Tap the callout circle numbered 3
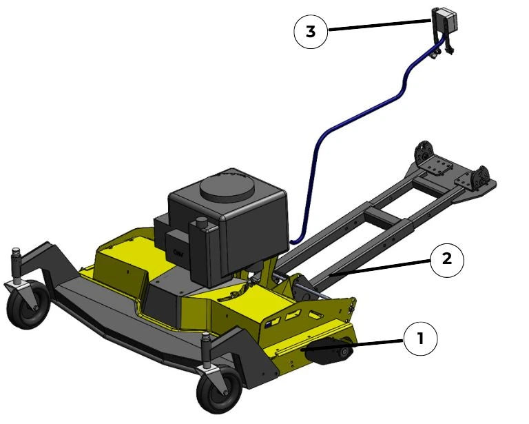311,32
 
